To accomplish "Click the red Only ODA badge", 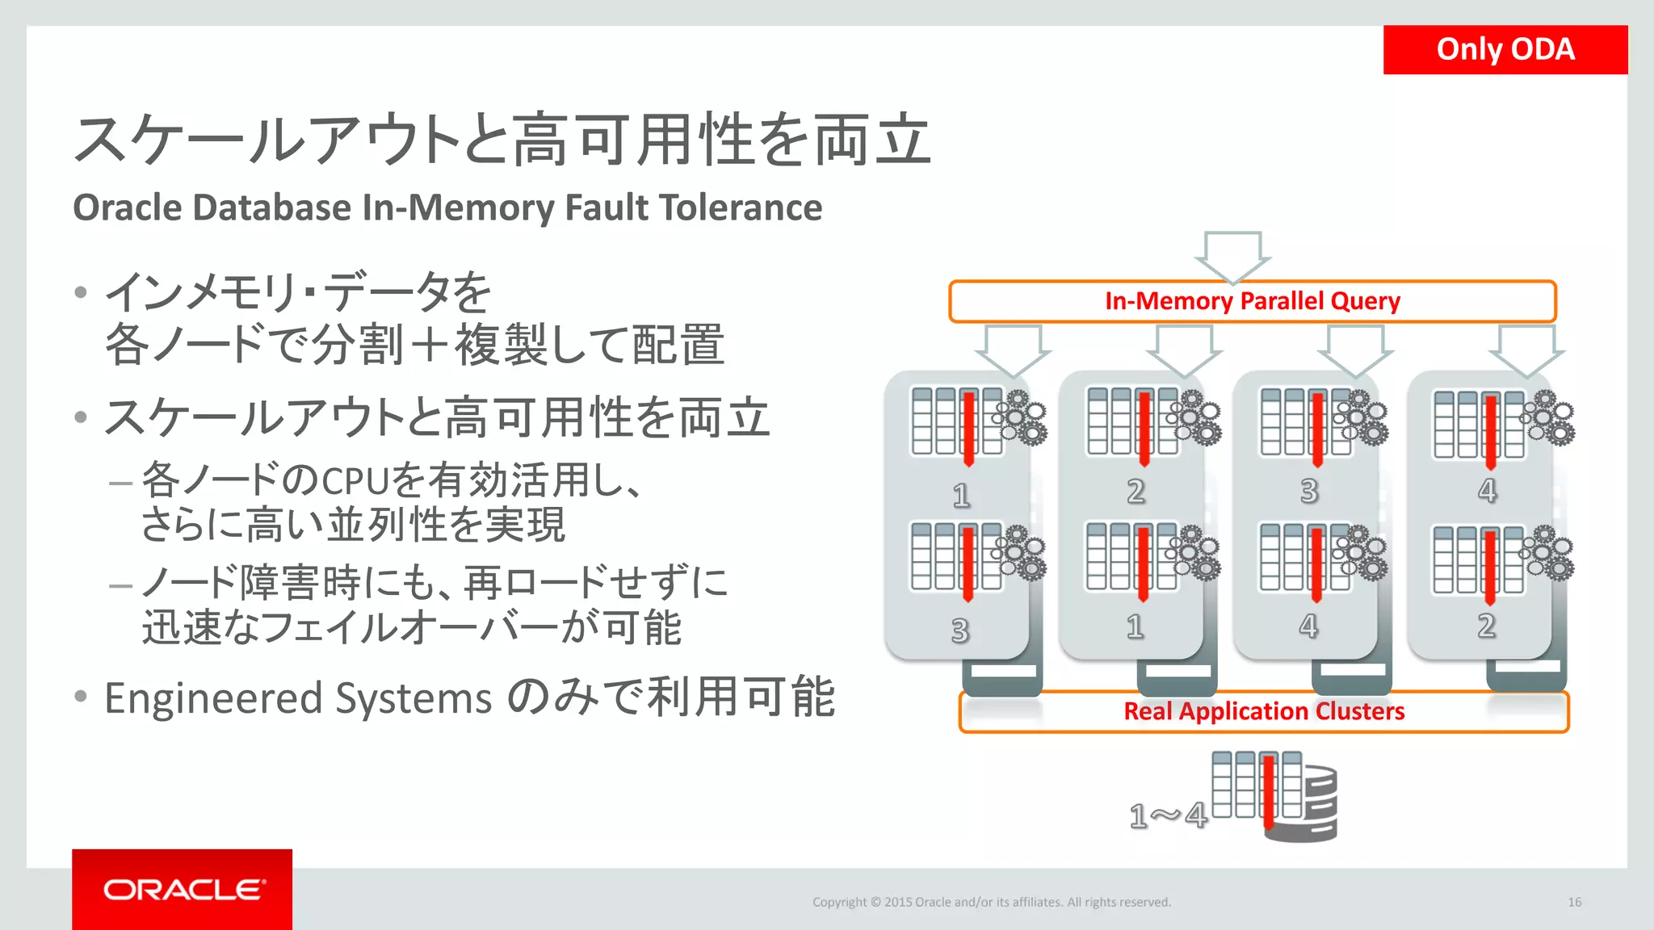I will pyautogui.click(x=1505, y=49).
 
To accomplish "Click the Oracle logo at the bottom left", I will pyautogui.click(x=183, y=889).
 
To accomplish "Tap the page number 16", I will pyautogui.click(x=1574, y=902).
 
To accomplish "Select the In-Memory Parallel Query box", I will pyautogui.click(x=1252, y=301).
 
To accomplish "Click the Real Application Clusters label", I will pyautogui.click(x=1264, y=711).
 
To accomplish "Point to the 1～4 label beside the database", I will pyautogui.click(x=1168, y=815).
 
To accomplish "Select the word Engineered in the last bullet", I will pyautogui.click(x=213, y=698).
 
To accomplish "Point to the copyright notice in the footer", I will pyautogui.click(x=991, y=902).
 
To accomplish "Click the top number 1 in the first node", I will pyautogui.click(x=960, y=495).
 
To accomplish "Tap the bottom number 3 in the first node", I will pyautogui.click(x=959, y=630).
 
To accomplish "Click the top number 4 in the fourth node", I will pyautogui.click(x=1487, y=490).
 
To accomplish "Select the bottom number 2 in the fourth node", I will pyautogui.click(x=1486, y=626).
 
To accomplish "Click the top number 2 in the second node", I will pyautogui.click(x=1136, y=491).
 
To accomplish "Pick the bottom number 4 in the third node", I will pyautogui.click(x=1308, y=626).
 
